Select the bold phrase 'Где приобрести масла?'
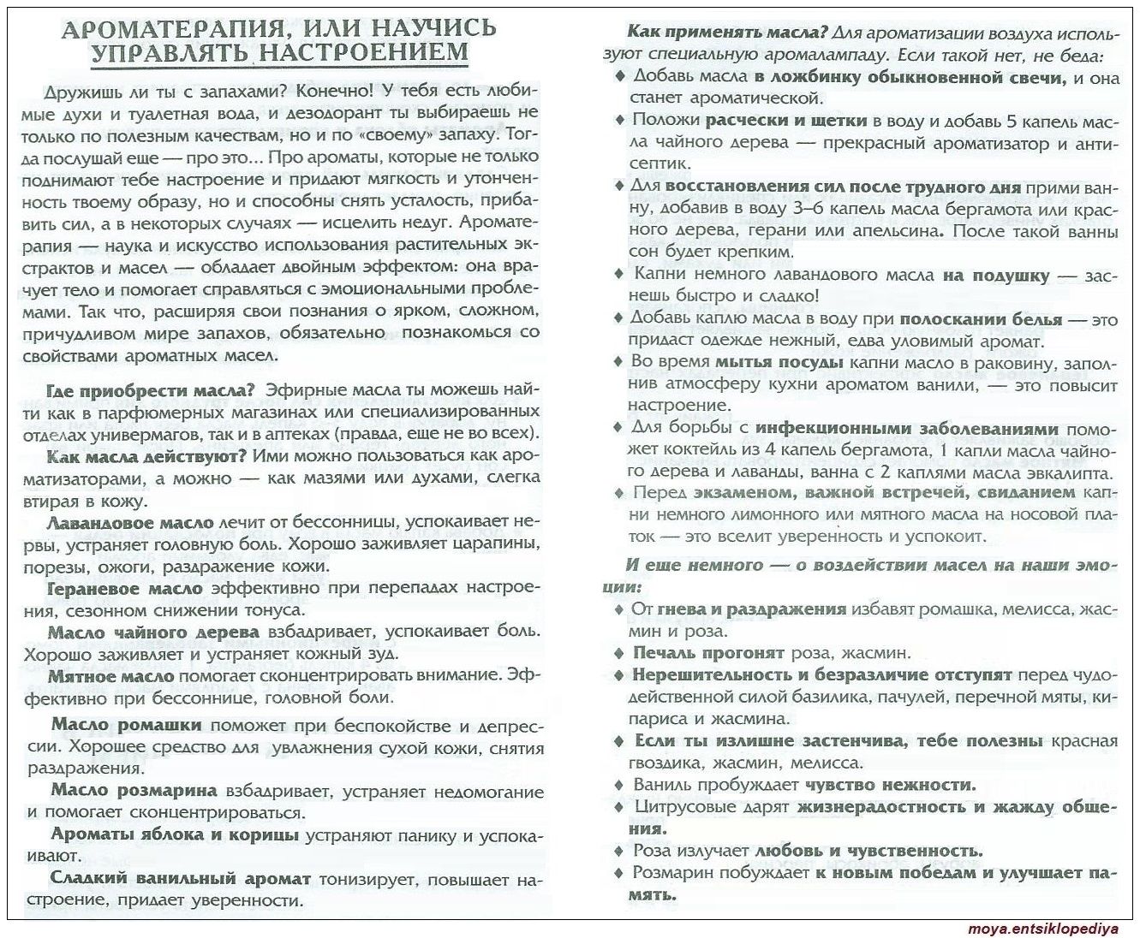(150, 390)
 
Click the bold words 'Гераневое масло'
(125, 588)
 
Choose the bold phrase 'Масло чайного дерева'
(153, 632)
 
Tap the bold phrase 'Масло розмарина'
(134, 791)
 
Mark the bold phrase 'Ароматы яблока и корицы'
(175, 834)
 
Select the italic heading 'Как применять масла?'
(727, 33)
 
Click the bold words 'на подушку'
(995, 275)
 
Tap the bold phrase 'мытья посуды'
(779, 362)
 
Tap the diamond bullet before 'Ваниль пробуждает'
(619, 785)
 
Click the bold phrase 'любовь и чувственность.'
(868, 851)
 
